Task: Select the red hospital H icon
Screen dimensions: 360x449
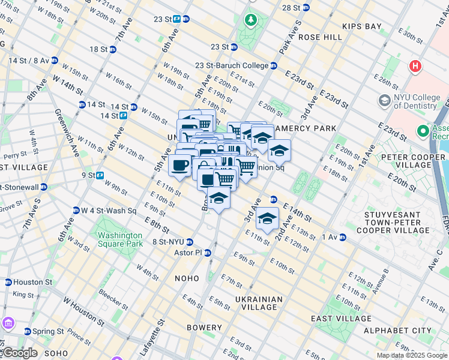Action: click(415, 67)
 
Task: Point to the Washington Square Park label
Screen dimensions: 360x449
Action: click(120, 239)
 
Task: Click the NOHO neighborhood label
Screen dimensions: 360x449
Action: click(186, 278)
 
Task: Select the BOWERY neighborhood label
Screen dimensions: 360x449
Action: click(204, 328)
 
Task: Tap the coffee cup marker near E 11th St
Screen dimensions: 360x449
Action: click(179, 166)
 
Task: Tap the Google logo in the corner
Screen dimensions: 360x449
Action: click(19, 353)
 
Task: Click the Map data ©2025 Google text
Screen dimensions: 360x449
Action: click(412, 355)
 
